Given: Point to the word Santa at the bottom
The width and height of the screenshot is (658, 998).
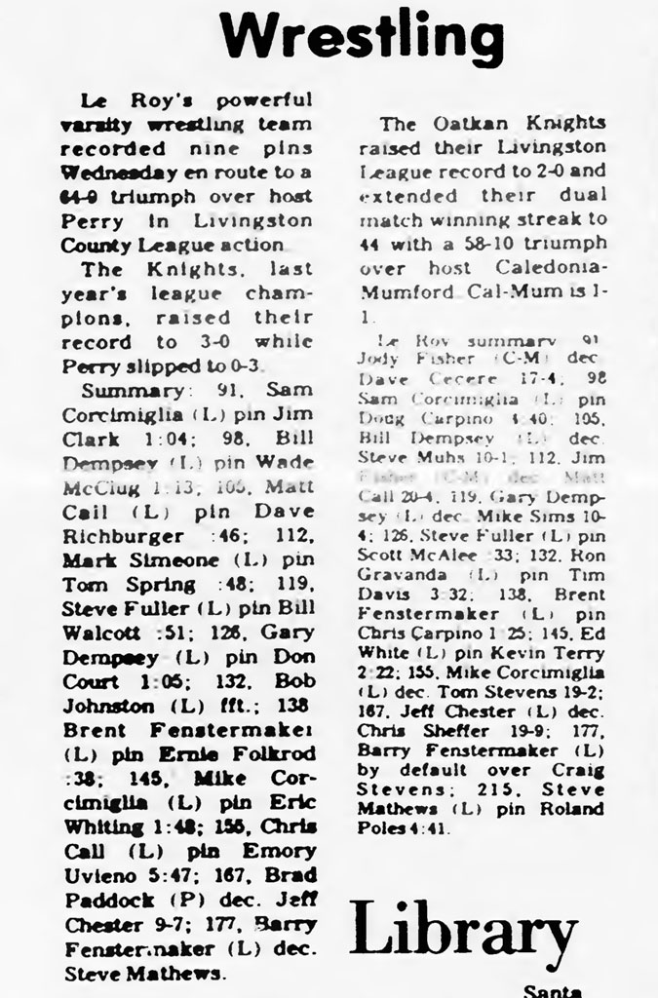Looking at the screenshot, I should click(x=552, y=990).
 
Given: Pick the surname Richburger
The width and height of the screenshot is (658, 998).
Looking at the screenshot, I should click(x=120, y=535).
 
